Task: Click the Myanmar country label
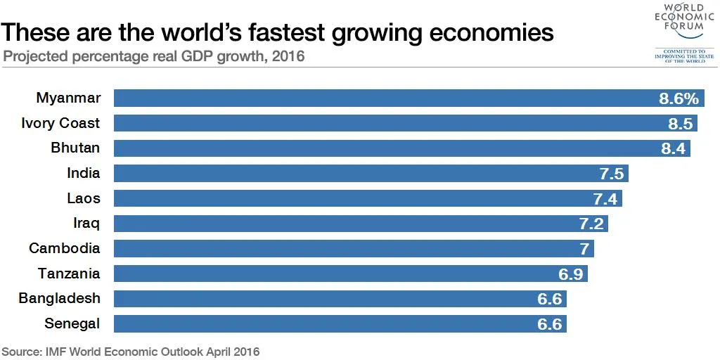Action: pyautogui.click(x=68, y=98)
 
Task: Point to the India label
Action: pyautogui.click(x=84, y=173)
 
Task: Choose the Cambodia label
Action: pyautogui.click(x=65, y=248)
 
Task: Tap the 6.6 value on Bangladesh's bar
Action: pyautogui.click(x=549, y=299)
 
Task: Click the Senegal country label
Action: pyautogui.click(x=72, y=323)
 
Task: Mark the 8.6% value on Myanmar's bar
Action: pyautogui.click(x=679, y=98)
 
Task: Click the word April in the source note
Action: pyautogui.click(x=210, y=351)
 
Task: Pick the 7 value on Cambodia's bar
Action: pyautogui.click(x=584, y=249)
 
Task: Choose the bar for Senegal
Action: pyautogui.click(x=337, y=323)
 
